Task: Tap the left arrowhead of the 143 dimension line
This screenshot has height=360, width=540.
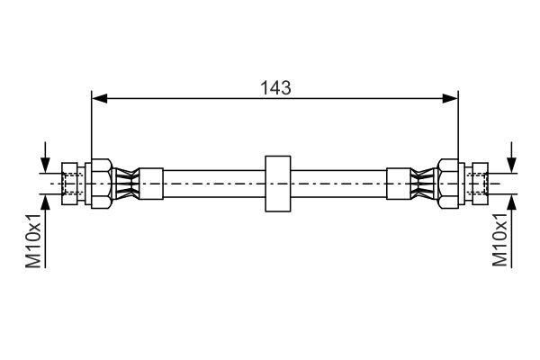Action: point(98,97)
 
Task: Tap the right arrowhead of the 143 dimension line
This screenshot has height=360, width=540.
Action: point(452,97)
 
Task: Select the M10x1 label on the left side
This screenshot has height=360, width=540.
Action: point(34,240)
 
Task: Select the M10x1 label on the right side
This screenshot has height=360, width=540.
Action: point(501,240)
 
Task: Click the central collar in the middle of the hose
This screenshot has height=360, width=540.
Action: point(275,184)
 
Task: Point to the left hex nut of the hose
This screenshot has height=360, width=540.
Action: point(100,184)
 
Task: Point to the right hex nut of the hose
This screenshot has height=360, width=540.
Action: point(448,184)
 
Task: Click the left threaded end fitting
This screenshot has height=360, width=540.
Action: point(71,184)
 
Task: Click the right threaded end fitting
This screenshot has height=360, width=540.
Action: point(477,184)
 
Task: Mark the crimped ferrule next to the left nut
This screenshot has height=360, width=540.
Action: point(131,184)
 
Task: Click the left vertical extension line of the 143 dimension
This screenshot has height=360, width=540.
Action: point(92,126)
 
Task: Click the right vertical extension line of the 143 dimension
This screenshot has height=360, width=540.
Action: point(458,126)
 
